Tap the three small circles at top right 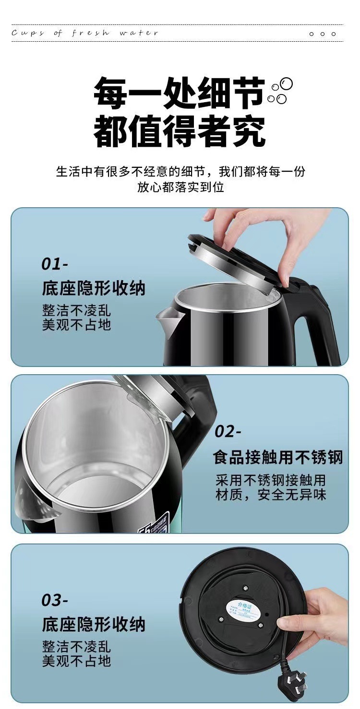tap(323, 34)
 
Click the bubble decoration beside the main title tap(280, 92)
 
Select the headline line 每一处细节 tap(179, 94)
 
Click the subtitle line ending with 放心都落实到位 tap(180, 187)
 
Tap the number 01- tap(55, 264)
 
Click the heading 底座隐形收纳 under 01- tap(93, 288)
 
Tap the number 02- tap(228, 431)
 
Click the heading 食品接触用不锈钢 tap(278, 457)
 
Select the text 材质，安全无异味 tap(271, 495)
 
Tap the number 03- tap(55, 600)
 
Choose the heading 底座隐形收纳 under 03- tap(93, 625)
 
